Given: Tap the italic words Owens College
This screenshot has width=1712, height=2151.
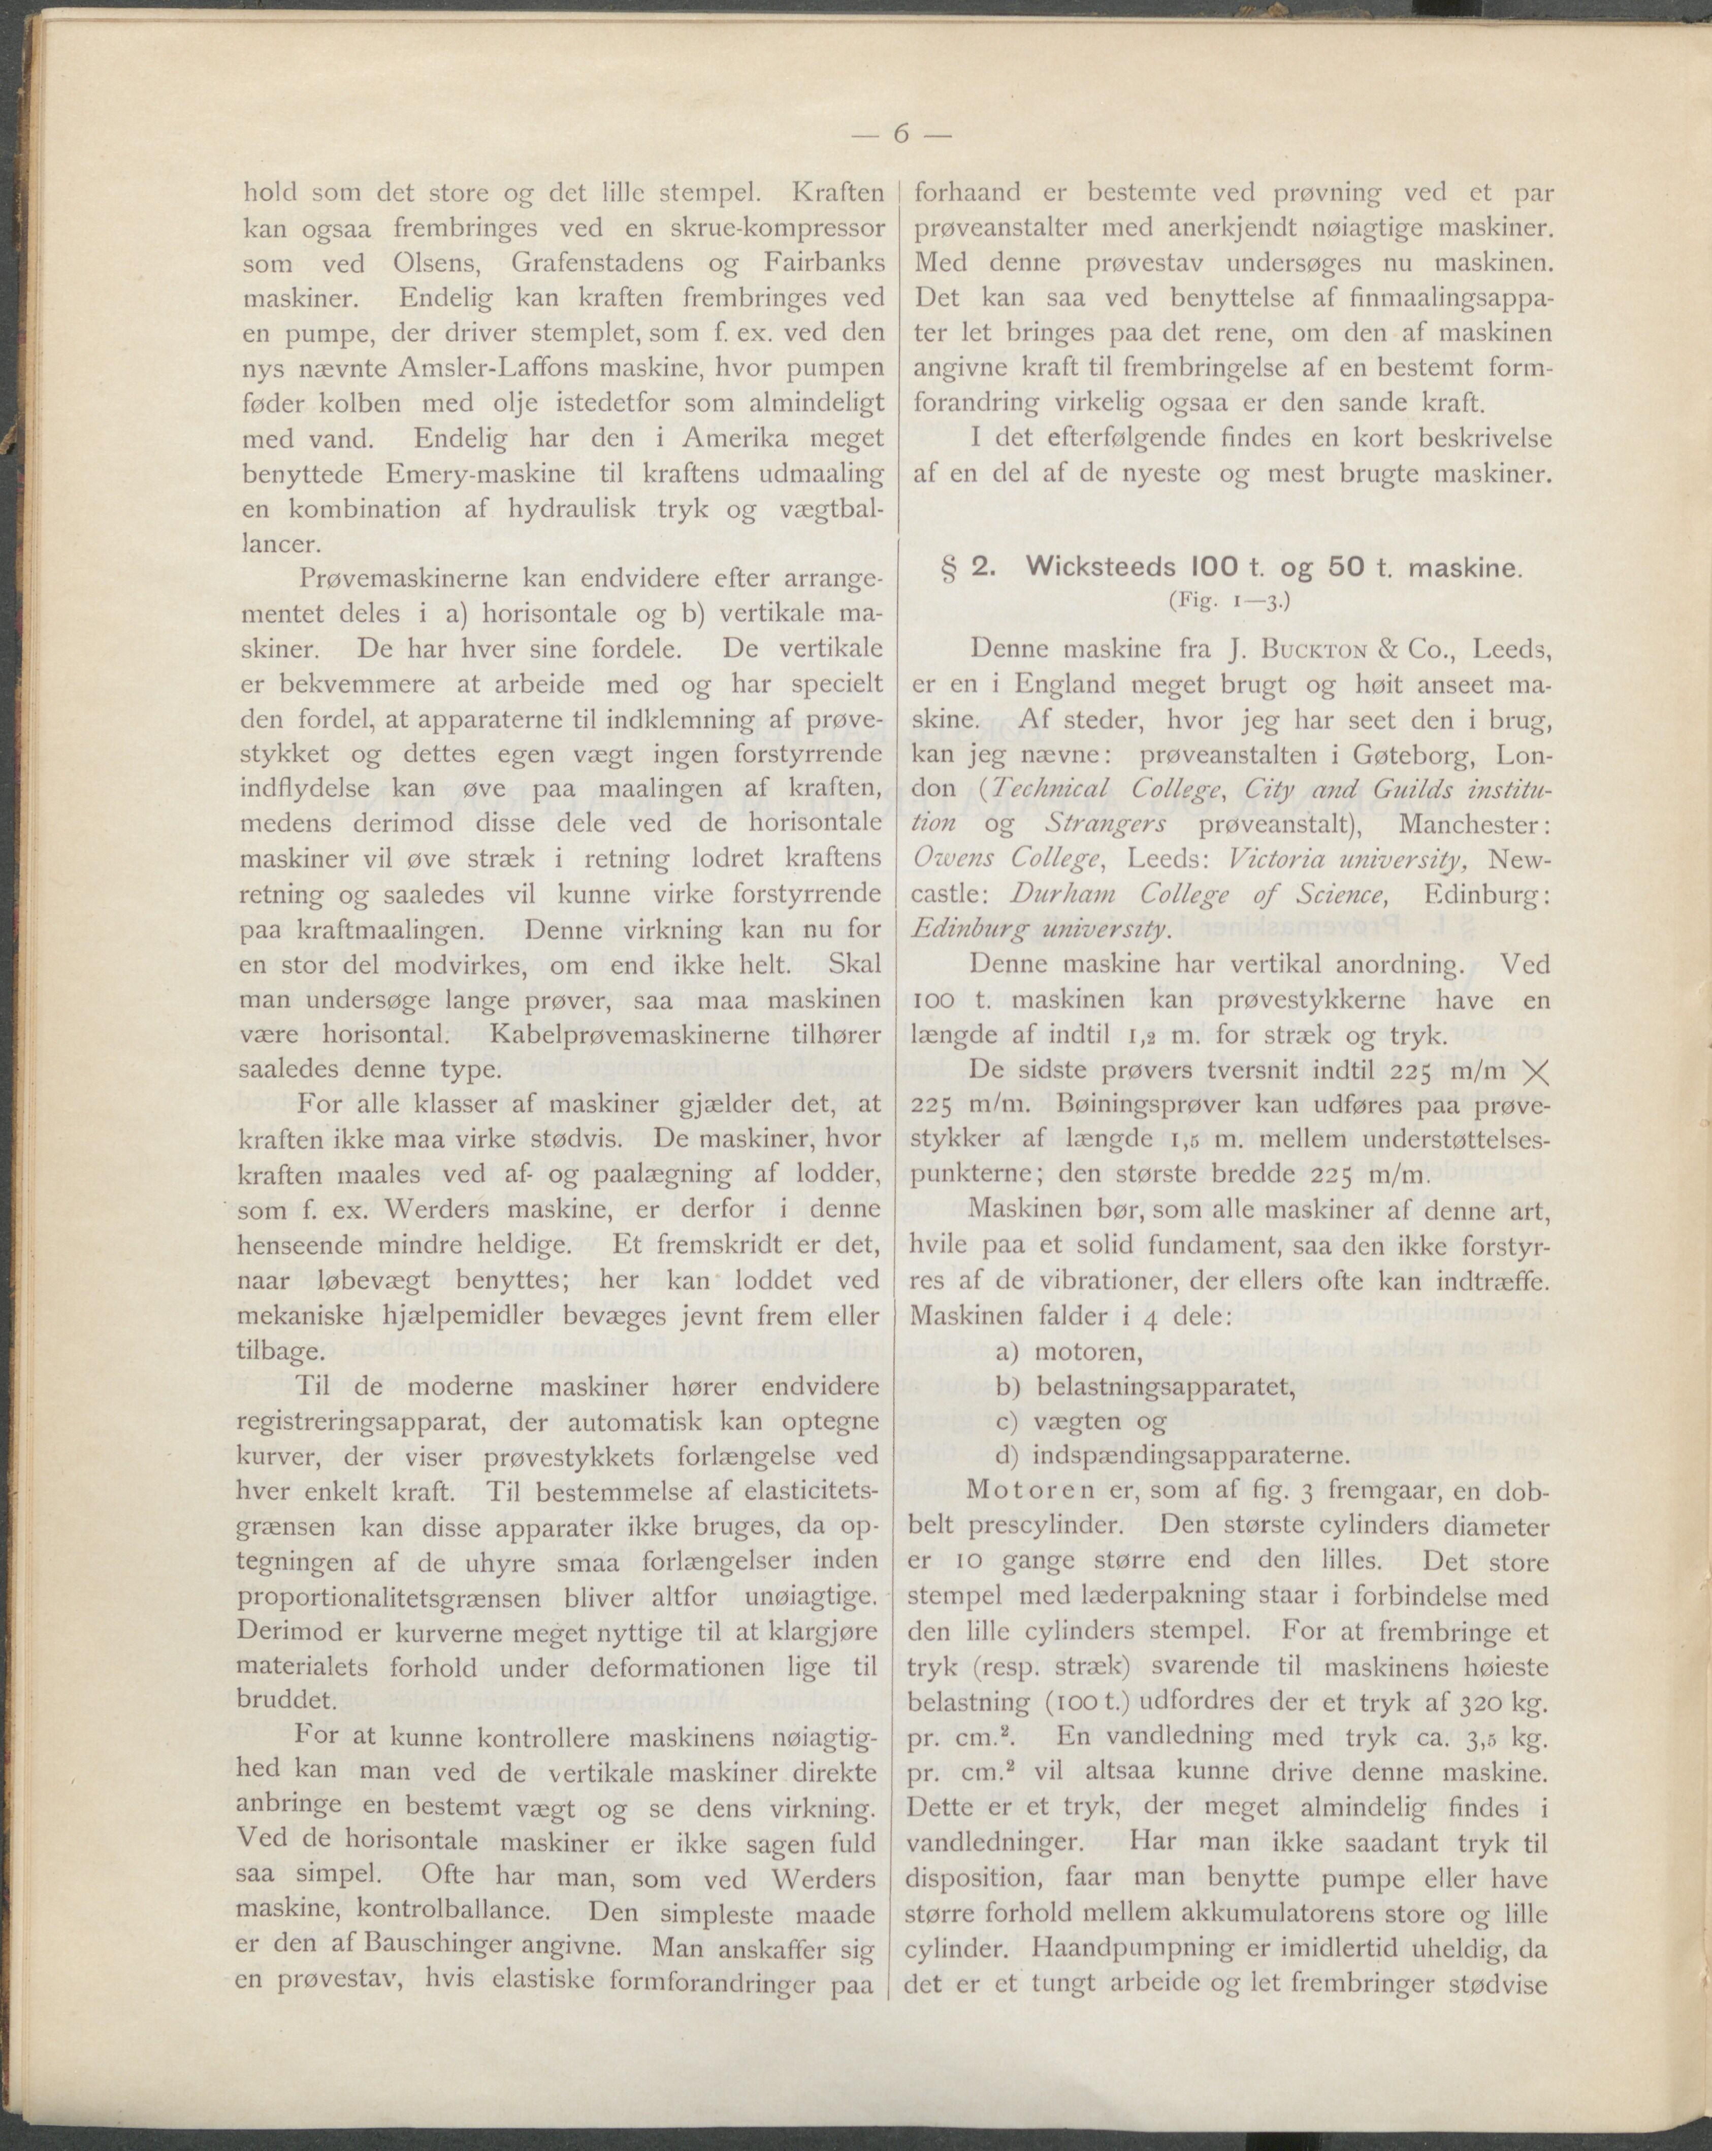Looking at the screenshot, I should pos(1008,860).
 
